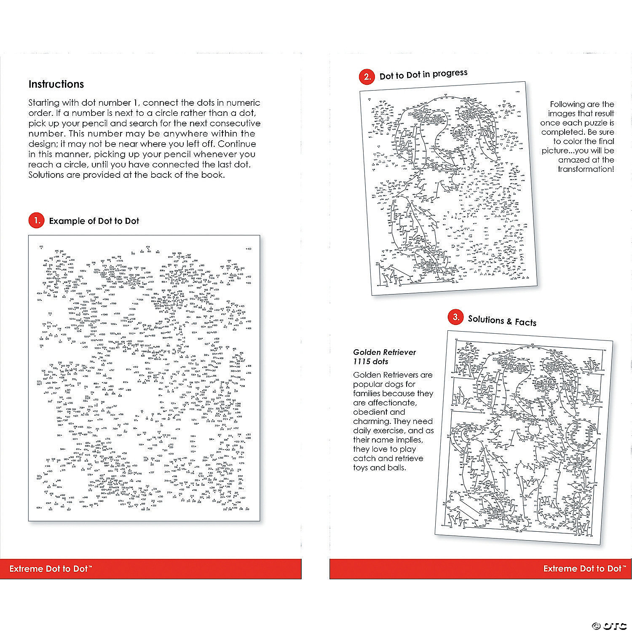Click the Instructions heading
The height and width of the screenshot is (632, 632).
coord(56,84)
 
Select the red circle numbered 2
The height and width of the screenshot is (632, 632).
coord(367,76)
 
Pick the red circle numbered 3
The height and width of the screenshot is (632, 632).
coord(455,318)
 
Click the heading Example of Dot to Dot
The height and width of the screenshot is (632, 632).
coord(94,221)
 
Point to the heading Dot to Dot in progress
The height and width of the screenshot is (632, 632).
coord(423,75)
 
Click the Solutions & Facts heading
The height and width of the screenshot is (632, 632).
coord(502,321)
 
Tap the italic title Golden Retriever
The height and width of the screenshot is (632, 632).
coord(384,352)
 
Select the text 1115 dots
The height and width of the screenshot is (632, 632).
coord(371,362)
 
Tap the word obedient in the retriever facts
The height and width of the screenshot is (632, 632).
coord(370,412)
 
